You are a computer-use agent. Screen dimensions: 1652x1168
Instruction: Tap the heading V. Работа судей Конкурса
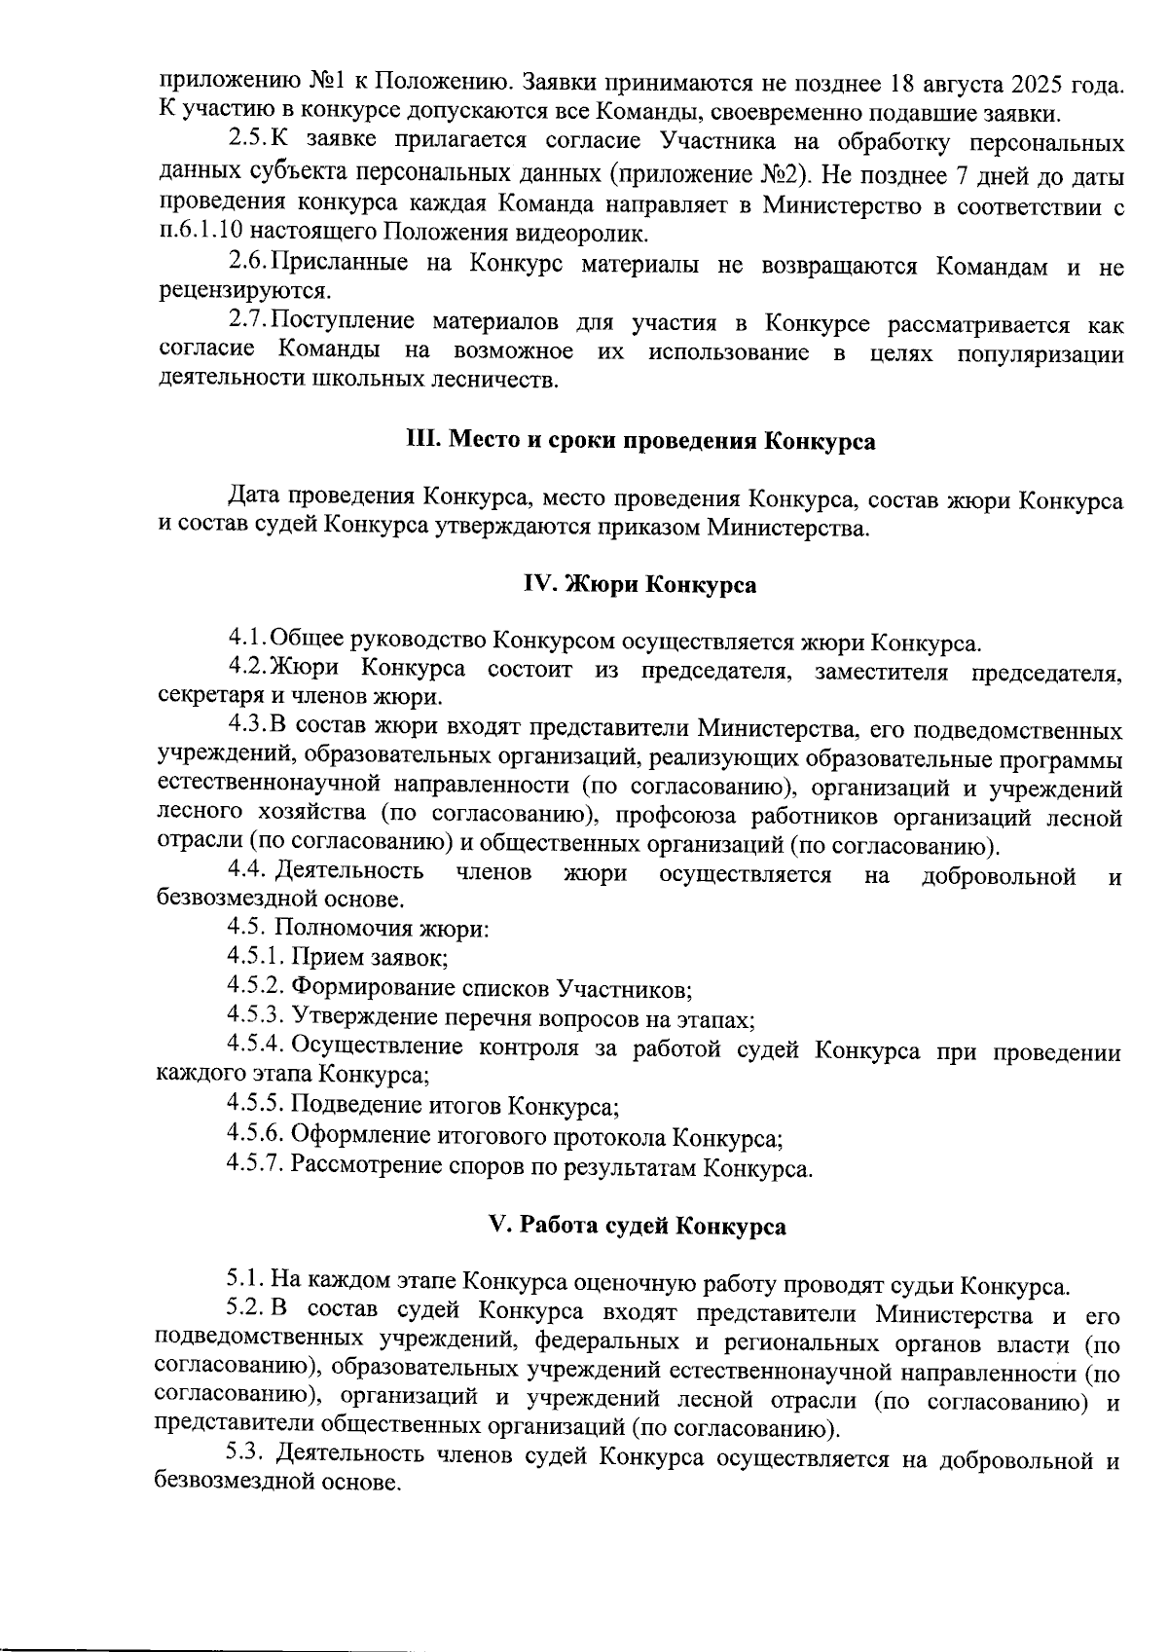637,1226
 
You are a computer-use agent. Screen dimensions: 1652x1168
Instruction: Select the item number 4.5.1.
254,957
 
